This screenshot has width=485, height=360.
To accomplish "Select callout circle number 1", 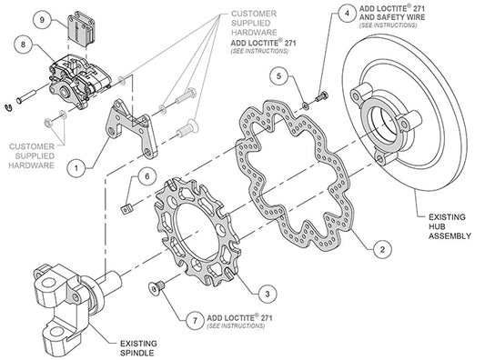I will pyautogui.click(x=79, y=166).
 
